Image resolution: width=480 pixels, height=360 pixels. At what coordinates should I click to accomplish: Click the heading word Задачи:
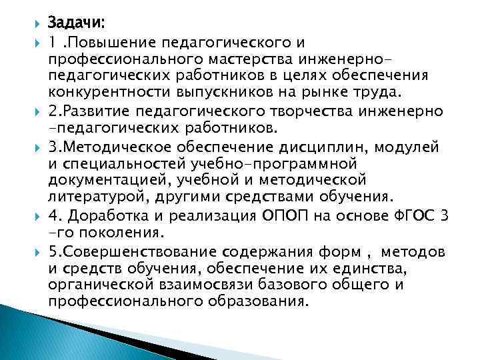click(76, 23)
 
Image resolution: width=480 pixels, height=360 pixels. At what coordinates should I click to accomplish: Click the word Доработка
click(104, 217)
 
